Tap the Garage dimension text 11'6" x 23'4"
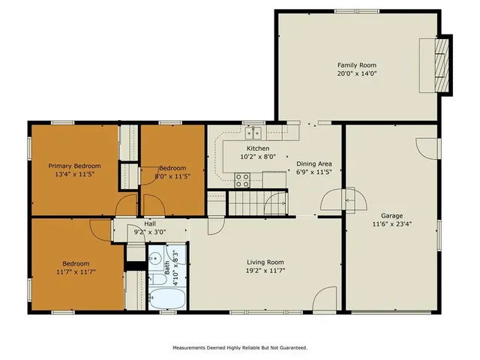pyautogui.click(x=391, y=223)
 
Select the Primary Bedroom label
pyautogui.click(x=74, y=166)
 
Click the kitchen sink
pyautogui.click(x=253, y=133)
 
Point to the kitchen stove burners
pyautogui.click(x=243, y=180)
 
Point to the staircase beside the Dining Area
pyautogui.click(x=247, y=202)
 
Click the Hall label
pyautogui.click(x=150, y=224)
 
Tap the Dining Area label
pyautogui.click(x=313, y=163)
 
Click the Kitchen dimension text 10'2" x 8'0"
pyautogui.click(x=258, y=157)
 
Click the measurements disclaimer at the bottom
pyautogui.click(x=240, y=348)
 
